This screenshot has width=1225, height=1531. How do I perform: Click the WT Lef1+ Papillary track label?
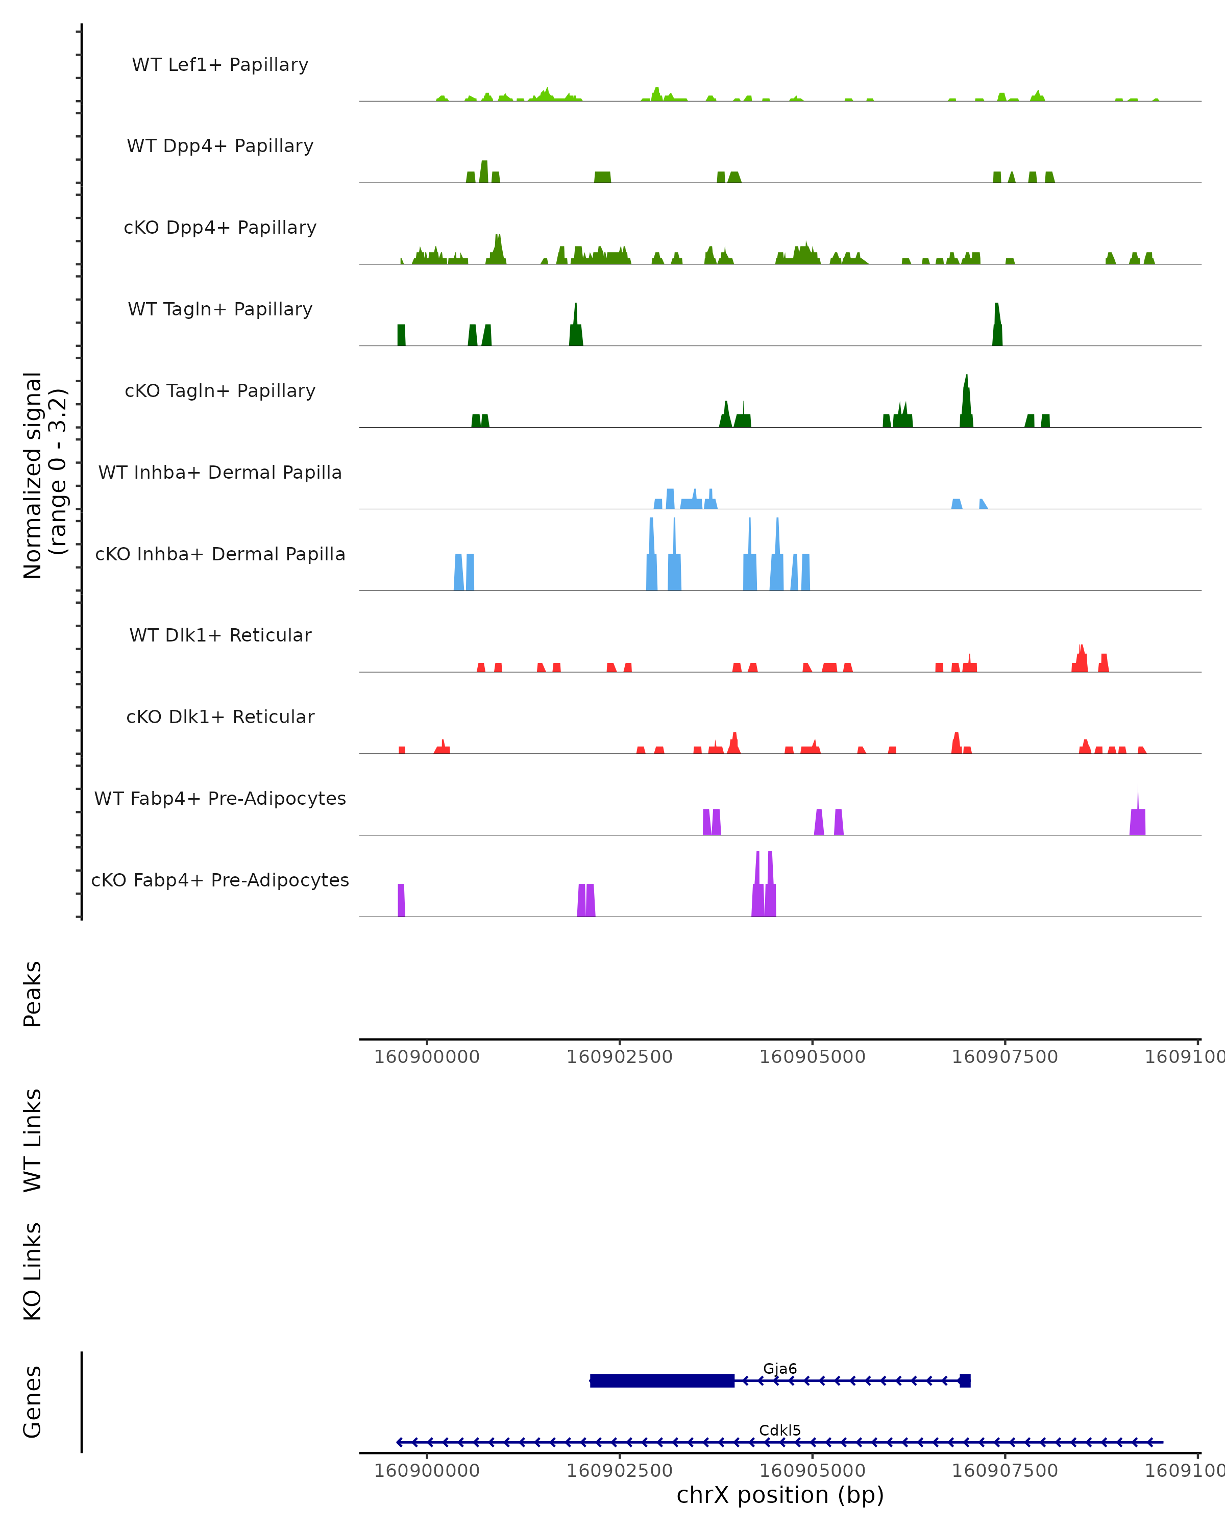(x=220, y=65)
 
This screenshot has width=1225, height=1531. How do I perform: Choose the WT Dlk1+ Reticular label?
(x=220, y=635)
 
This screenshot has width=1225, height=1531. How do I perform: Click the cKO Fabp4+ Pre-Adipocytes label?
(x=220, y=880)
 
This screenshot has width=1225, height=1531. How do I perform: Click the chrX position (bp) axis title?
(x=780, y=1495)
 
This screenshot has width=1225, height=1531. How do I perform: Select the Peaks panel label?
(x=33, y=994)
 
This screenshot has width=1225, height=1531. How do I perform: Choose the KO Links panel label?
(x=33, y=1272)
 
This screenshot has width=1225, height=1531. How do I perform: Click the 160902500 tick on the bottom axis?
(x=619, y=1470)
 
